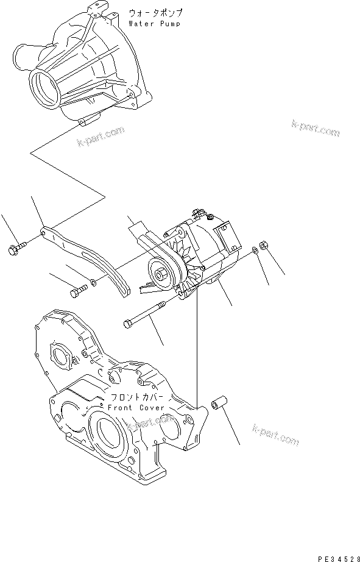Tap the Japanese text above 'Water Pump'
tap(155, 13)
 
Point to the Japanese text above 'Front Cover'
tap(135, 397)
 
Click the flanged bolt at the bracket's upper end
tap(16, 248)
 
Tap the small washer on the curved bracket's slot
tap(92, 283)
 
